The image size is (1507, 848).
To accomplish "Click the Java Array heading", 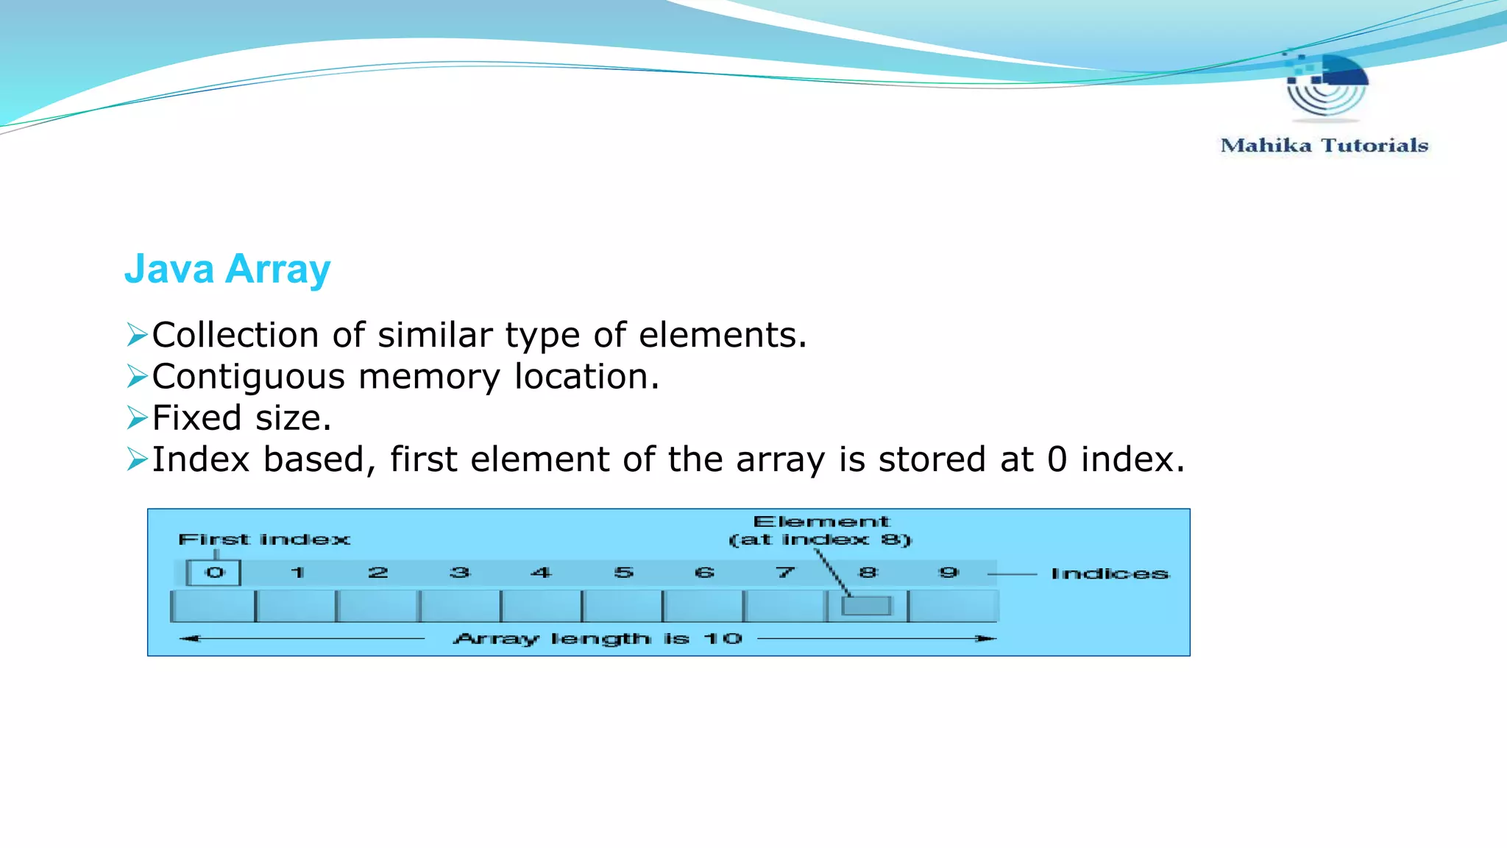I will tap(227, 269).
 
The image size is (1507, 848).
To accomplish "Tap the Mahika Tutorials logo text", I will tap(1324, 146).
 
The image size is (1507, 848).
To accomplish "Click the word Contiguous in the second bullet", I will tap(248, 377).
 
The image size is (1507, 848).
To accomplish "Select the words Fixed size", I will tap(241, 418).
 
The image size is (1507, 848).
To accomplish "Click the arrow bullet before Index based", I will tap(137, 459).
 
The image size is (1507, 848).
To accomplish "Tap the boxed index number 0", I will tap(214, 573).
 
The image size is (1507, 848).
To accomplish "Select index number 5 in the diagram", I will tap(623, 573).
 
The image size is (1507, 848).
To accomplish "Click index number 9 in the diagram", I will tap(948, 573).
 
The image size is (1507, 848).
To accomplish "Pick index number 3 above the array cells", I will tap(460, 573).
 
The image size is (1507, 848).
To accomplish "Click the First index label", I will tap(264, 540).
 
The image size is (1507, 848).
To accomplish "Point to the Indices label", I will tap(1109, 574).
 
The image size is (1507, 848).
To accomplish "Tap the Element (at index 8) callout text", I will tap(820, 531).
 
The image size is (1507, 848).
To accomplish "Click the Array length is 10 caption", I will tap(598, 639).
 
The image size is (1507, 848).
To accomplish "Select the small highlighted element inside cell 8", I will tap(866, 606).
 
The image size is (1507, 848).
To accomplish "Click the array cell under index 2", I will tap(377, 607).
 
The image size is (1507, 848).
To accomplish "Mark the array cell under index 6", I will tap(703, 607).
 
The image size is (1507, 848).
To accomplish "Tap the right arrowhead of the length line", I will tap(987, 639).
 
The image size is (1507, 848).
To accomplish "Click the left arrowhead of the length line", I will tap(189, 639).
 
